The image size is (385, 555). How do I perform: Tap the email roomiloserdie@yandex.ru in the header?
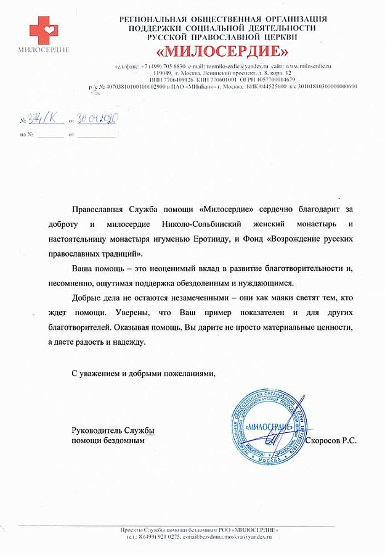coord(237,66)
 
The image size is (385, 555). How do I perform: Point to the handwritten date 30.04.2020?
coord(96,120)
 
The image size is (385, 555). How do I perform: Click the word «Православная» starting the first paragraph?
coord(102,210)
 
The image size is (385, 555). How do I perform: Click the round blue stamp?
coord(269,427)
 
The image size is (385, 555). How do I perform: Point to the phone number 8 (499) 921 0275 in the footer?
coord(158,538)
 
